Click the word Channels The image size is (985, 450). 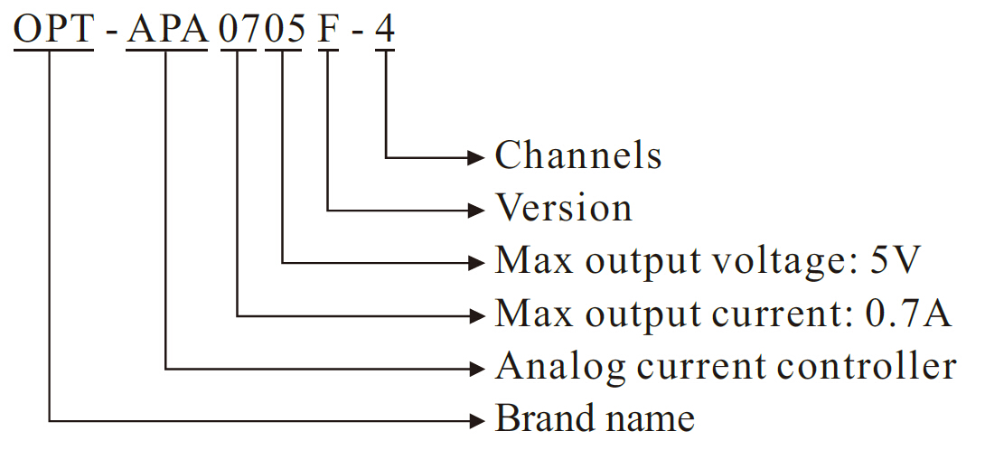(x=577, y=155)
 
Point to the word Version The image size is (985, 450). (x=563, y=209)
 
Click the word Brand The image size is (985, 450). (x=537, y=419)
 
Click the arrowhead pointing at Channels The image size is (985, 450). (x=478, y=157)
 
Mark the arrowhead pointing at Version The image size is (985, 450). (x=478, y=210)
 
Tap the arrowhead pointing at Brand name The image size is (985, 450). (x=478, y=420)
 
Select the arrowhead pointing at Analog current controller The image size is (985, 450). (x=478, y=368)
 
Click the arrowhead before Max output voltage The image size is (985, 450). (x=478, y=262)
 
